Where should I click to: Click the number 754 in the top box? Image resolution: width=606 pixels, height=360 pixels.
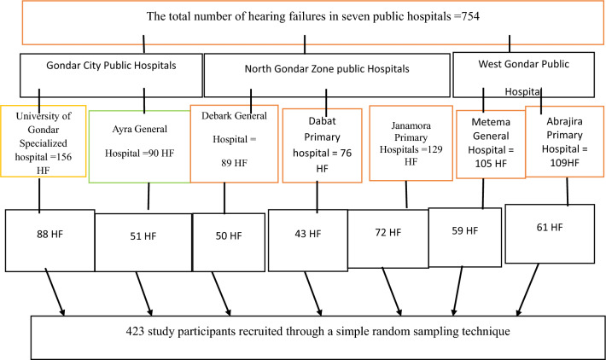[x=470, y=16]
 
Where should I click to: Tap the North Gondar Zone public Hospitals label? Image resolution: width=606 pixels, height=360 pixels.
[x=327, y=69]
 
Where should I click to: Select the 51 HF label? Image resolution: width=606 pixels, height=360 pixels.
[x=143, y=236]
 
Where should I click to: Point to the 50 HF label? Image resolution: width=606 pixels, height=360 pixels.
[x=229, y=235]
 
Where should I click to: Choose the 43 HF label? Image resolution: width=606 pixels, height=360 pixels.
[x=308, y=234]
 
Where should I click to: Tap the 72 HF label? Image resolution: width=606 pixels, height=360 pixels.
[x=388, y=232]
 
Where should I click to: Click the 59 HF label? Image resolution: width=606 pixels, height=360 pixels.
[x=465, y=230]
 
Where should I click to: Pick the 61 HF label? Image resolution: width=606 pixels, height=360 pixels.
[x=550, y=227]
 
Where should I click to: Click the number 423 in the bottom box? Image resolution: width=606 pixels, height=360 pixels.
[x=134, y=331]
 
